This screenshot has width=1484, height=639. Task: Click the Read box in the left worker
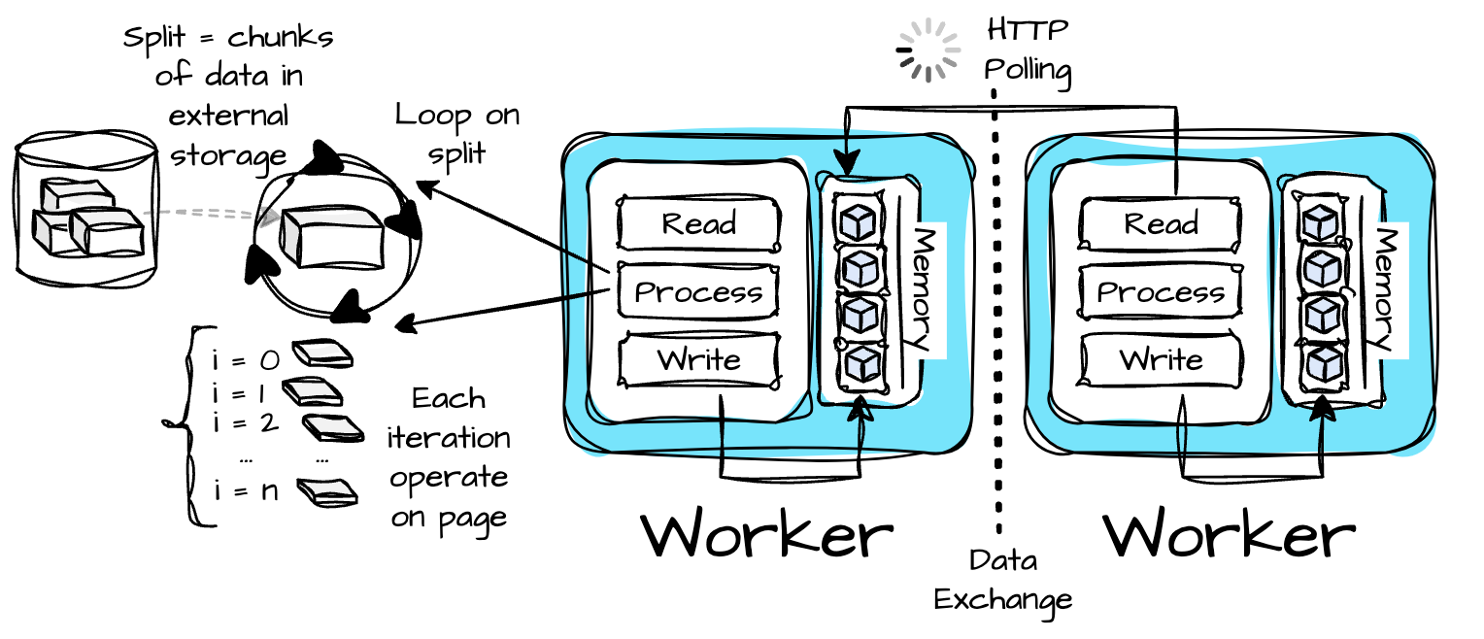699,223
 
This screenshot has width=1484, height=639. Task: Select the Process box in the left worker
698,291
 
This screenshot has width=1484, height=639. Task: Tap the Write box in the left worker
699,360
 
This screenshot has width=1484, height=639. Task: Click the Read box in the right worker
1161,223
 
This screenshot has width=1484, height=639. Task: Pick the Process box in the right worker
1161,291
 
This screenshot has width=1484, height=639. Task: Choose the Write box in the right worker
1162,360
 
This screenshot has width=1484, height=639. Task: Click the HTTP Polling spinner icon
928,50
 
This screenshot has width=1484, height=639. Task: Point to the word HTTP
1028,30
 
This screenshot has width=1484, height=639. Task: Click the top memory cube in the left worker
858,220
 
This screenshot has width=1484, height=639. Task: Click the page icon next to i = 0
322,353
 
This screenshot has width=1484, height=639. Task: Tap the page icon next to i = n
327,492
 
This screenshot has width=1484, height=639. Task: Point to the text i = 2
246,422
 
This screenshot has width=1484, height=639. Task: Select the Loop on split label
457,135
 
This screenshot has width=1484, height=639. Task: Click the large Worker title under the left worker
767,534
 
